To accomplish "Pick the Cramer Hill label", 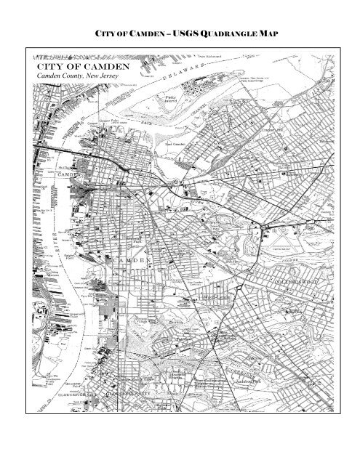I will [x=273, y=131].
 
